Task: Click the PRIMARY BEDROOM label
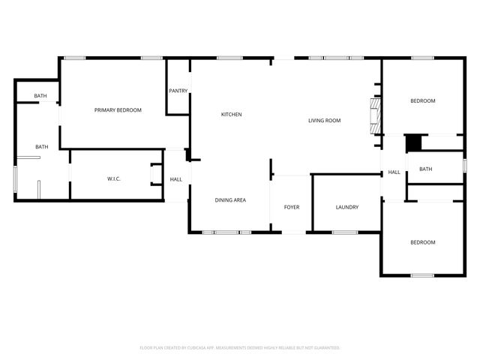tap(118, 110)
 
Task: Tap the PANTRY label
tap(178, 91)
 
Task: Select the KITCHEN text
tap(231, 114)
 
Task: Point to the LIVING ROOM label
tap(324, 120)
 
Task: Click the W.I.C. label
tap(114, 178)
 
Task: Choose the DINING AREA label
tap(230, 199)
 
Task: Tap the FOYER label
tap(291, 207)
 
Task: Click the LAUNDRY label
tap(346, 207)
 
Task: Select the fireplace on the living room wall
tap(373, 116)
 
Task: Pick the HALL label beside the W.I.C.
tap(176, 179)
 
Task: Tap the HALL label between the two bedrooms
tap(394, 172)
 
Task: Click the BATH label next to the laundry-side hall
tap(425, 169)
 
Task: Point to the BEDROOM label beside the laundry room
tap(422, 242)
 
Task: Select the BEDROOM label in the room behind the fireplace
tap(422, 100)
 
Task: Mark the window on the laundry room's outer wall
tap(344, 232)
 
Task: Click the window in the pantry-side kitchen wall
tap(228, 58)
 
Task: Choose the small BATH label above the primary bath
tap(40, 96)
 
